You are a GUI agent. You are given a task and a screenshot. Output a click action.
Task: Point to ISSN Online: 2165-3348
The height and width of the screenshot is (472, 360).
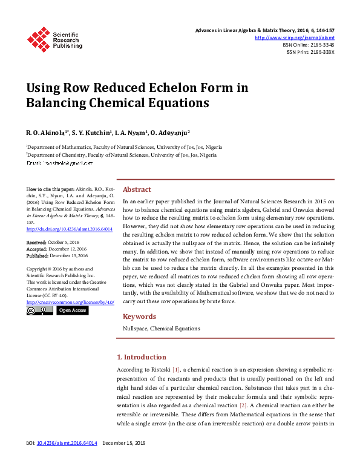coord(308,45)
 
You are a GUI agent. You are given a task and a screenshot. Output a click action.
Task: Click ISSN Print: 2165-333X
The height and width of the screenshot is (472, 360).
coord(310,52)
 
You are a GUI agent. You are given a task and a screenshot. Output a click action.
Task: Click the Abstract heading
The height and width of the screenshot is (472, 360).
coord(137,189)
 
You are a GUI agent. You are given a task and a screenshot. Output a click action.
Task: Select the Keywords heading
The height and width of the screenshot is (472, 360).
coord(139,316)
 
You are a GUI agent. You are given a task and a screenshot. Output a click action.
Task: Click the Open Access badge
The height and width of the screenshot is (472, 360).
coord(72,310)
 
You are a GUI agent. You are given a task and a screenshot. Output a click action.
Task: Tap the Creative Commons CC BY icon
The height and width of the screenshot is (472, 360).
coord(40,310)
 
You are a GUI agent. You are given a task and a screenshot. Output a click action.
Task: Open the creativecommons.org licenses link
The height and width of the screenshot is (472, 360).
coord(70,301)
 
